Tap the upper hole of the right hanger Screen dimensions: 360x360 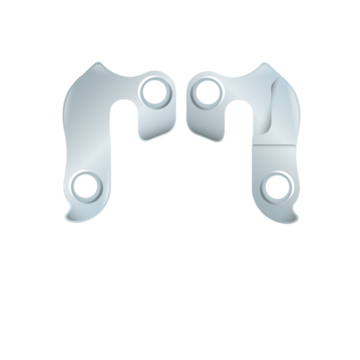coord(206,91)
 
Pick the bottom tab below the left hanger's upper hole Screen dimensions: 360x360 coord(153,130)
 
